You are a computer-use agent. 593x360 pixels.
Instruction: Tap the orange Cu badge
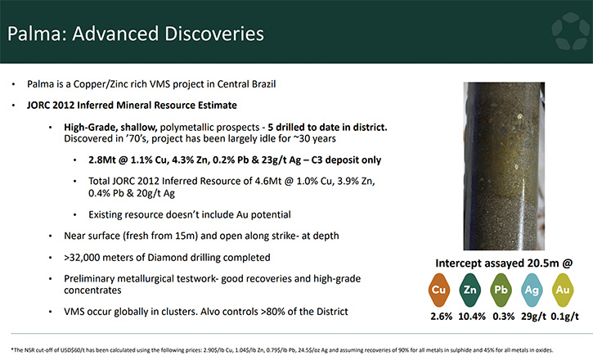coord(438,290)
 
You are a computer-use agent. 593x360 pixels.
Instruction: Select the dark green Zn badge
coord(469,290)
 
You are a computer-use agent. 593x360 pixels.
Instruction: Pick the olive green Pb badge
coord(501,290)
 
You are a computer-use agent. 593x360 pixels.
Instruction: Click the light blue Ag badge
coord(532,290)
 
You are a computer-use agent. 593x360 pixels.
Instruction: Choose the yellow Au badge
coord(563,290)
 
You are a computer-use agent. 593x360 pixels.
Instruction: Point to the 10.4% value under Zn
coord(472,316)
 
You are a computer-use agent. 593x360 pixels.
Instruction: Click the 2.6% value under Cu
coord(442,316)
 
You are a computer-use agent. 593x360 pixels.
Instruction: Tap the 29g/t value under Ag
coord(533,316)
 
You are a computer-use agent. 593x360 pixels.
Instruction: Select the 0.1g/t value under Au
coord(564,316)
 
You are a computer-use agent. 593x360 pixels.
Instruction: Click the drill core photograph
coord(504,166)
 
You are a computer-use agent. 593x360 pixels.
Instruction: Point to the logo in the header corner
coord(571,31)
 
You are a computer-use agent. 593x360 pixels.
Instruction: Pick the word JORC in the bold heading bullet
coord(38,105)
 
